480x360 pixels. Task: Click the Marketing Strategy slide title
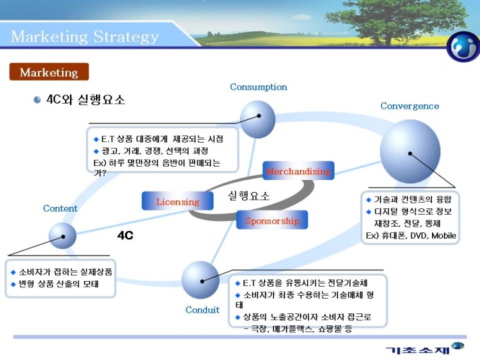[x=85, y=36]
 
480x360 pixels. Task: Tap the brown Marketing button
[x=49, y=72]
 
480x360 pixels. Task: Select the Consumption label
[x=258, y=87]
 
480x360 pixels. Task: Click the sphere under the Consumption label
[x=258, y=119]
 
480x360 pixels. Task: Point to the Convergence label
[x=409, y=106]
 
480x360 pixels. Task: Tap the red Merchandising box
[x=298, y=171]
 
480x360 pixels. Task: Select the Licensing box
[x=178, y=201]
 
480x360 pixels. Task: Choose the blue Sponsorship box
[x=272, y=220]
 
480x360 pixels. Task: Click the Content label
[x=60, y=208]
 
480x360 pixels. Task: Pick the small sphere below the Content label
[x=62, y=236]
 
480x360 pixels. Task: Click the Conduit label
[x=203, y=309]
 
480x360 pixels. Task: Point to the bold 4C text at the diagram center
[x=125, y=235]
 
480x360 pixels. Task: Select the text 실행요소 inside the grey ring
[x=248, y=196]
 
